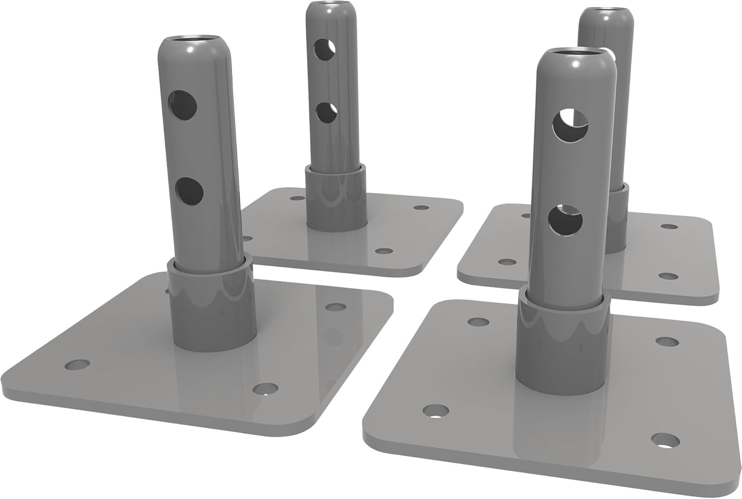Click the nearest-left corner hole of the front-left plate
78,365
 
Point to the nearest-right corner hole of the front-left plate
265,389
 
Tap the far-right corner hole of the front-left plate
335,307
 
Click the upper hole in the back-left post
325,48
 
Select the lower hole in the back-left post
325,112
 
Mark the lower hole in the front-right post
565,221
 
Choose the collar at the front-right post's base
560,341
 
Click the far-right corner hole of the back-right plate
669,227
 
